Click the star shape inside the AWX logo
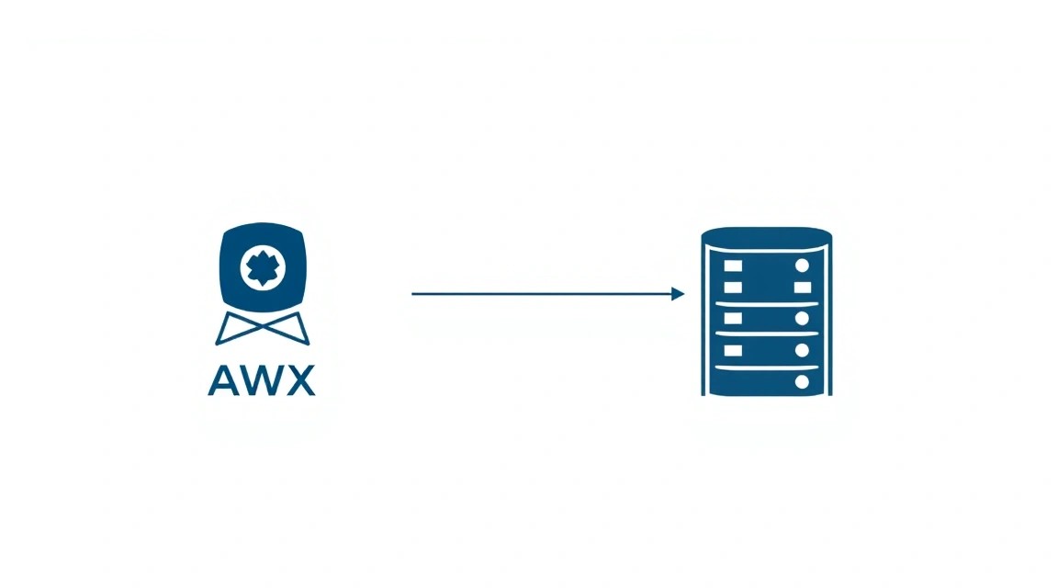263,267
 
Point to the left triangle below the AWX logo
232,330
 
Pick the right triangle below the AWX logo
291,330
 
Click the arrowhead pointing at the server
678,294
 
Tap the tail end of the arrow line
412,294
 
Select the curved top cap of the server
767,236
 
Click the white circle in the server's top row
802,266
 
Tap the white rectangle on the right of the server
803,288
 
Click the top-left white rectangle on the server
733,266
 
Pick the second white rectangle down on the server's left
733,288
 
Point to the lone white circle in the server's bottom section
802,382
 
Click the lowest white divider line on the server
767,367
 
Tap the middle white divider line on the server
767,334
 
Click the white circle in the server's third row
802,318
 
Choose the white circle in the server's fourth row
802,350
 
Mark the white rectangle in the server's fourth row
733,350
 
